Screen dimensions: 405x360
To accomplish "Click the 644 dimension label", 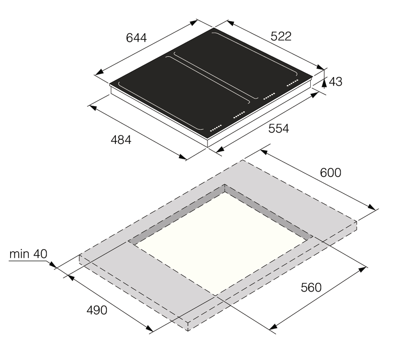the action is click(136, 38).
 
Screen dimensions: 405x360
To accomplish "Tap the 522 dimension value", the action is click(281, 36).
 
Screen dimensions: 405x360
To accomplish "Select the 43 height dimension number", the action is click(335, 82).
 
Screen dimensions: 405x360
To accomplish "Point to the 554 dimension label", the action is click(279, 129).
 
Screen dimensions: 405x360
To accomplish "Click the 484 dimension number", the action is click(121, 140).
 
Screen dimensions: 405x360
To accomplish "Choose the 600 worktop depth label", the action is click(330, 173).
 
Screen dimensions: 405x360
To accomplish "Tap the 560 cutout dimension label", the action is click(311, 287).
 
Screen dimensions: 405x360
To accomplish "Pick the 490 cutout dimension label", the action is click(97, 310).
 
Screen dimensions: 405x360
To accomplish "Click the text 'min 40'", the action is click(28, 254).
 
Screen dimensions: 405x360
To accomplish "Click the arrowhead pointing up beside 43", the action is click(324, 83).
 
